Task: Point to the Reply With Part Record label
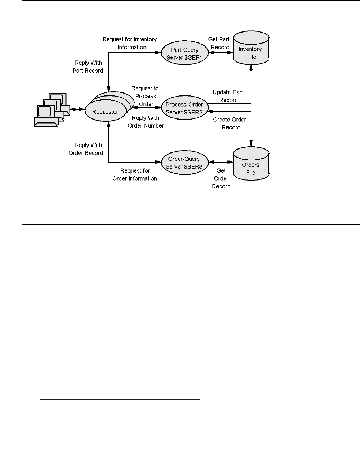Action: pyautogui.click(x=88, y=67)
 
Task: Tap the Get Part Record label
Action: pyautogui.click(x=218, y=43)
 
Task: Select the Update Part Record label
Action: pyautogui.click(x=228, y=96)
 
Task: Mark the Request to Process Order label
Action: pyautogui.click(x=144, y=96)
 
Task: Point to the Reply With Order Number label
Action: pyautogui.click(x=148, y=122)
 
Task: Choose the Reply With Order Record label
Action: pyautogui.click(x=86, y=149)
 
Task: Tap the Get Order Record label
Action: pyautogui.click(x=221, y=178)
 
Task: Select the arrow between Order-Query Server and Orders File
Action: pyautogui.click(x=221, y=162)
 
